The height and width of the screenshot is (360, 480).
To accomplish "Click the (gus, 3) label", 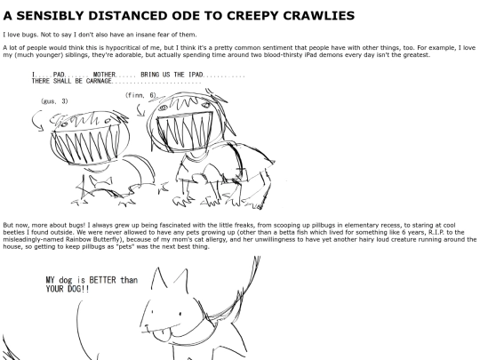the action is pos(54,101).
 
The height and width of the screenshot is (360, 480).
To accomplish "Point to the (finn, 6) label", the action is pos(140,95).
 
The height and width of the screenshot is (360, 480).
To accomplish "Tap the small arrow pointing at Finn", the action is pos(140,110).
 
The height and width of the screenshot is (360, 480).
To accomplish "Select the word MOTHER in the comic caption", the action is pos(104,75).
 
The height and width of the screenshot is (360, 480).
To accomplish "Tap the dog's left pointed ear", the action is pos(159,278).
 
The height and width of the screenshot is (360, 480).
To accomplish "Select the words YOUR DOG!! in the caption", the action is pos(68,289).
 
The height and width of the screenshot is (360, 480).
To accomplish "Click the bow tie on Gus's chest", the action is pos(100,181).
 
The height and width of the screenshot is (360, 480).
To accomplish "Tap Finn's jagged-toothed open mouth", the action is pos(185,131).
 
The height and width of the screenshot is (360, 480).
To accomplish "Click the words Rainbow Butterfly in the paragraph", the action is pos(92,239).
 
